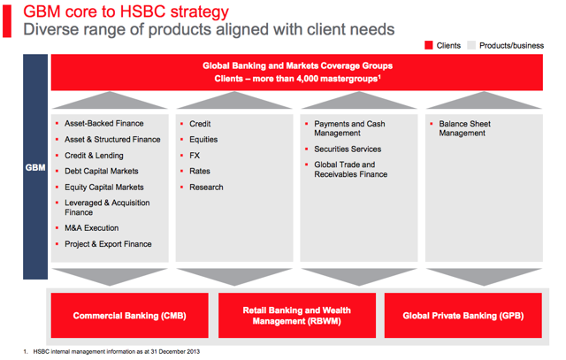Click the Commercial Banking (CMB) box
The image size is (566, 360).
click(x=130, y=315)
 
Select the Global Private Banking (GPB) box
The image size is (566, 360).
click(x=463, y=315)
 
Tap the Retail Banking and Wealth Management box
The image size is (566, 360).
click(x=297, y=315)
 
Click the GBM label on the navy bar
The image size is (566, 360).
click(x=35, y=167)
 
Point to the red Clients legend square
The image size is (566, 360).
click(x=428, y=45)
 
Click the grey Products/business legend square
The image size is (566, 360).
click(x=471, y=45)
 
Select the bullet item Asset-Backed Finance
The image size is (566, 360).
click(x=104, y=124)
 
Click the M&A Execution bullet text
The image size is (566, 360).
click(x=92, y=228)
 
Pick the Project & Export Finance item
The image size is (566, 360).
click(x=108, y=244)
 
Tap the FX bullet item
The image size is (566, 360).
click(x=195, y=156)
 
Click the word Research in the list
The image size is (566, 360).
click(x=206, y=187)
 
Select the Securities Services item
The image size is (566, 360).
click(x=348, y=149)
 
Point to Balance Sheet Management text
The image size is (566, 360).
click(x=464, y=128)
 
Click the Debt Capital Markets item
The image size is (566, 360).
click(x=102, y=171)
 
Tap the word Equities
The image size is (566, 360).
click(x=203, y=140)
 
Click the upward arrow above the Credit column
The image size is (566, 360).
click(x=234, y=100)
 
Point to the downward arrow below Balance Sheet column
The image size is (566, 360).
click(x=484, y=277)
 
